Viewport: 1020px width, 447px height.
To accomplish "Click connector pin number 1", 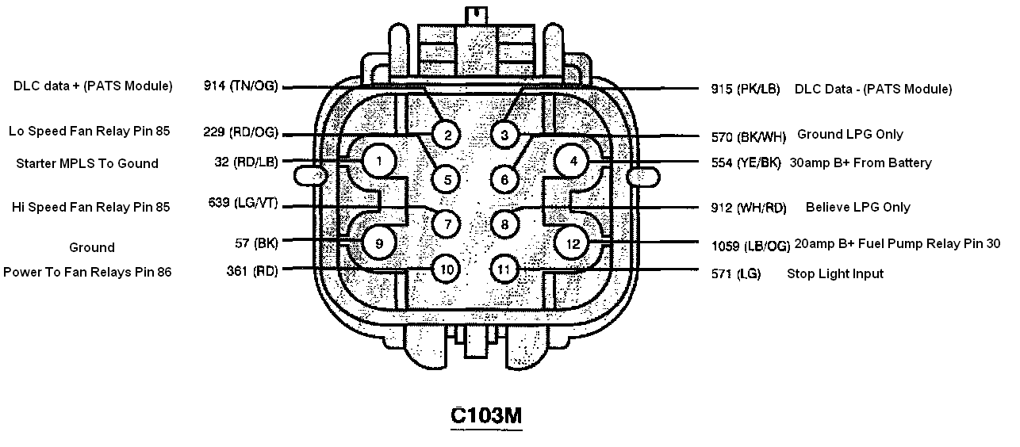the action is [379, 161].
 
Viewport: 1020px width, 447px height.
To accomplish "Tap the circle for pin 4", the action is [573, 161].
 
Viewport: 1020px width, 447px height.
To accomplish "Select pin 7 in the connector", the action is [447, 224].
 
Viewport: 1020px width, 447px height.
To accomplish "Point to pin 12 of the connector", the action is [572, 243].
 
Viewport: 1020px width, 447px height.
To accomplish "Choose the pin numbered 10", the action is [447, 269].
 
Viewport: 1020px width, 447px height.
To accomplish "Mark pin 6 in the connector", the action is [504, 180].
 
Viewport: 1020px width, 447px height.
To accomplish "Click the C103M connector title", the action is [486, 415].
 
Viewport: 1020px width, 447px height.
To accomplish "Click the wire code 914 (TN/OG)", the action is [240, 86].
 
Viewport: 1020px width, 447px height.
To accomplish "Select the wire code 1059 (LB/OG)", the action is [751, 246].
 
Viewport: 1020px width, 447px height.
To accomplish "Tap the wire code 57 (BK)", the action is [256, 243].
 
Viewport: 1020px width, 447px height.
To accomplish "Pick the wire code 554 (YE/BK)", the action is [746, 163].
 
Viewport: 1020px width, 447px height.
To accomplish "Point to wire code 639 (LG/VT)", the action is [243, 203].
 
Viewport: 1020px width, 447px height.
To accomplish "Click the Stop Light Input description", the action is [835, 273].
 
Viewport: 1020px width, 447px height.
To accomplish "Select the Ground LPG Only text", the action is [850, 134].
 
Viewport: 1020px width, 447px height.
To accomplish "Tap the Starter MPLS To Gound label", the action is [87, 163].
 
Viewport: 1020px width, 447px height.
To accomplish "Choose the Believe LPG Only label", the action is [858, 207].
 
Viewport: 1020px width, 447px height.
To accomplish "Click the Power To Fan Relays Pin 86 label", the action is [87, 272].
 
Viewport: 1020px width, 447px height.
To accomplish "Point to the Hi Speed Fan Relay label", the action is [90, 207].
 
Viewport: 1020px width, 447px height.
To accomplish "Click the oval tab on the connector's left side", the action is [311, 177].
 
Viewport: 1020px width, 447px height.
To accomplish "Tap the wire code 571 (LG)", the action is [736, 273].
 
